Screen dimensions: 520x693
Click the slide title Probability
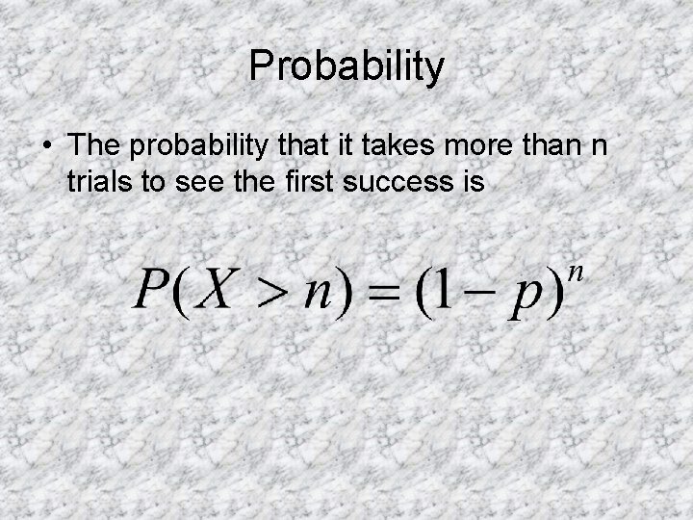[346, 67]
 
